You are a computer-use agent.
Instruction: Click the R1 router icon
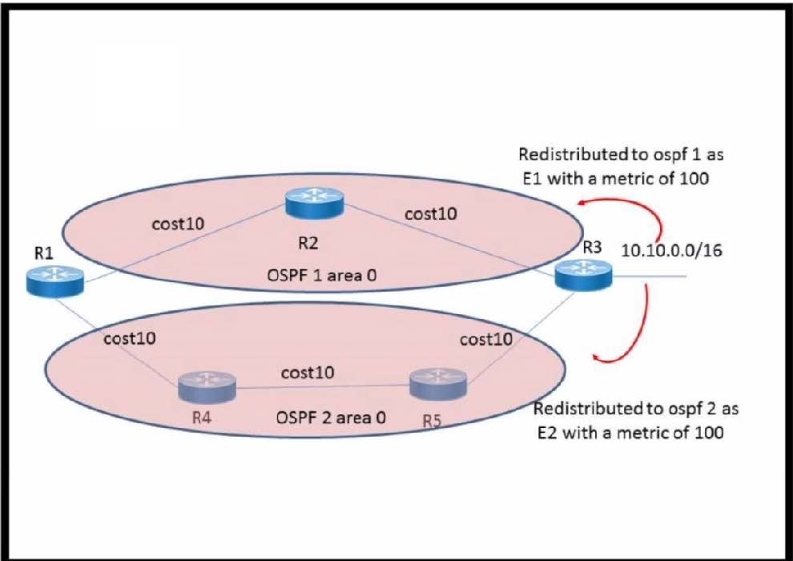click(54, 281)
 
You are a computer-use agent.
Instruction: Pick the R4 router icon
click(207, 386)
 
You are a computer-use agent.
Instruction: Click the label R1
click(44, 252)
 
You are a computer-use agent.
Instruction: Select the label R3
click(592, 247)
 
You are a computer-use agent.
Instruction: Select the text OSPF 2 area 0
click(331, 417)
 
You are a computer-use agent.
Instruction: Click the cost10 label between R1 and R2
click(178, 223)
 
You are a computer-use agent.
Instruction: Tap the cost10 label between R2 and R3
click(431, 214)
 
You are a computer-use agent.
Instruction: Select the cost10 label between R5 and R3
click(486, 339)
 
